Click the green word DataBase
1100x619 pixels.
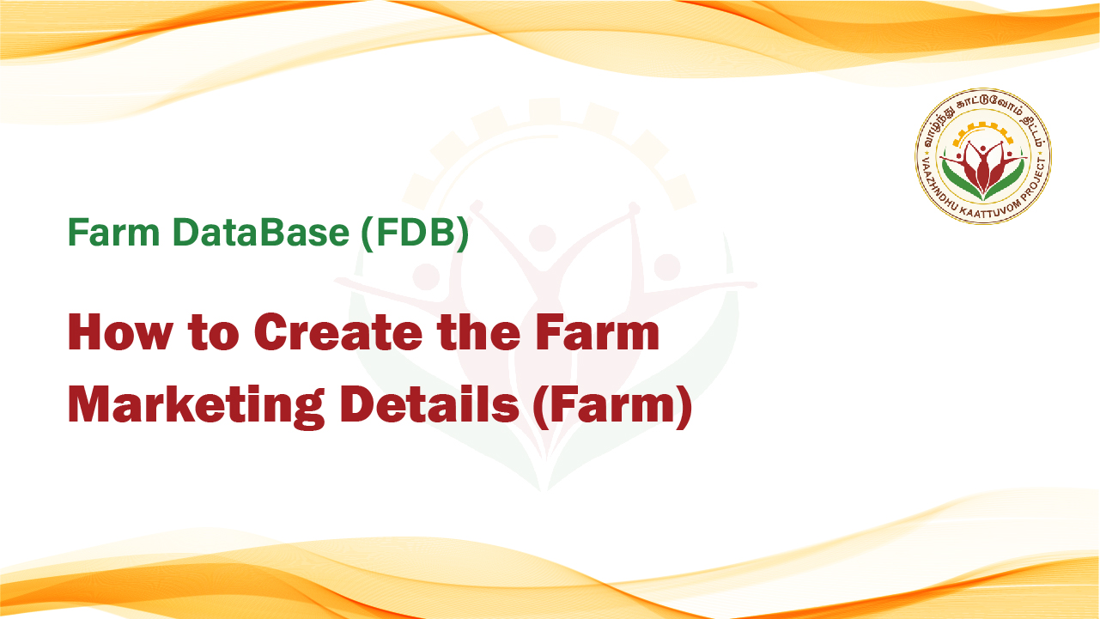(261, 232)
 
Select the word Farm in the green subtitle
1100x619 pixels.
(114, 232)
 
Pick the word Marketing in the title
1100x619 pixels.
(196, 405)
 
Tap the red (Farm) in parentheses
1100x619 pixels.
(613, 405)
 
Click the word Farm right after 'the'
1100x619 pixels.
(597, 332)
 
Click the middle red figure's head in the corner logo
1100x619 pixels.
(982, 149)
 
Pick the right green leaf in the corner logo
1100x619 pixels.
(1006, 180)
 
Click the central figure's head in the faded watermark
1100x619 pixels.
(542, 238)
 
